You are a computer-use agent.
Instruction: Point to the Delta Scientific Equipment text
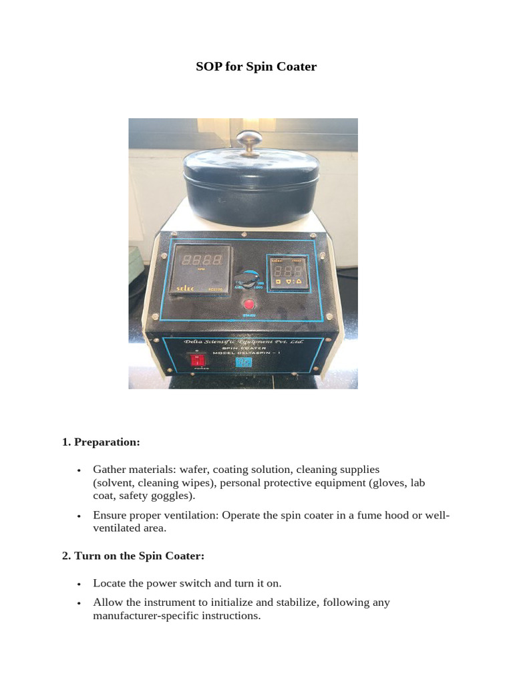(x=244, y=342)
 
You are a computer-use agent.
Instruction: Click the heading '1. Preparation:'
(x=101, y=442)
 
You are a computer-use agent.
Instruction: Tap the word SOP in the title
(x=208, y=67)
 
